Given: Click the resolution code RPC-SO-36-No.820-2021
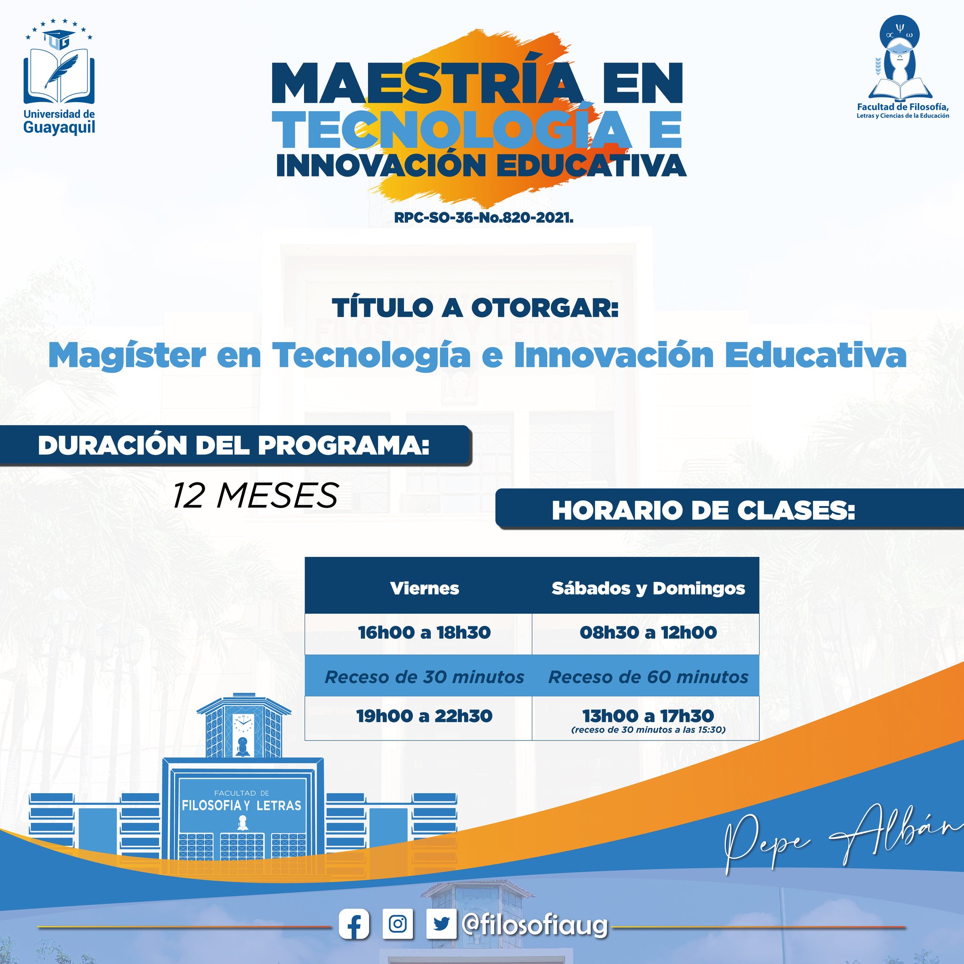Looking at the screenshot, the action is pyautogui.click(x=483, y=218).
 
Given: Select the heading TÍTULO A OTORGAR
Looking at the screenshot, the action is pyautogui.click(x=475, y=308).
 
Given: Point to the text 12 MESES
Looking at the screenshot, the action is pyautogui.click(x=256, y=496).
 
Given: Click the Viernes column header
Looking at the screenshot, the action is pyautogui.click(x=425, y=588).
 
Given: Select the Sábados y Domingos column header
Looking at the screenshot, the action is pyautogui.click(x=648, y=589).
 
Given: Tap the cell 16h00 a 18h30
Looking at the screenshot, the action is pyautogui.click(x=425, y=633).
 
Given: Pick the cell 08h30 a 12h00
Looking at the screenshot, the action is pyautogui.click(x=648, y=633).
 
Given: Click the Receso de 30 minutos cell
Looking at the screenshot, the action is pyautogui.click(x=425, y=677).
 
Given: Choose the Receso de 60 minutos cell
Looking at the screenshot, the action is pyautogui.click(x=648, y=677).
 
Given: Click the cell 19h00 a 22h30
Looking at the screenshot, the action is pyautogui.click(x=425, y=716).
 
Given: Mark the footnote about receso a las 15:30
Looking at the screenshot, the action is pyautogui.click(x=648, y=730).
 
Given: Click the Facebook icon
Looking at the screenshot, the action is pyautogui.click(x=354, y=924).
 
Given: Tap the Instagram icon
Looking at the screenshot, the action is pyautogui.click(x=398, y=924).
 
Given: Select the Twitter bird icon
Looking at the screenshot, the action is pyautogui.click(x=442, y=924).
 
